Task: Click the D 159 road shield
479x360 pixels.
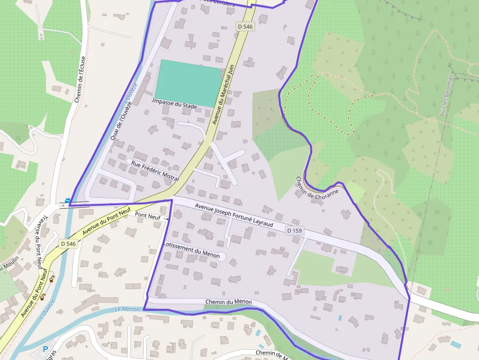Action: tap(294, 230)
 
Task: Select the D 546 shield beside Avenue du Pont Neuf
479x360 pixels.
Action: tap(68, 243)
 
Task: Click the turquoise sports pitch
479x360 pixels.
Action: tap(188, 83)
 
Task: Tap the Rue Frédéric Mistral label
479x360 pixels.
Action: tap(154, 170)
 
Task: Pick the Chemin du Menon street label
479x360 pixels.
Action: tap(228, 302)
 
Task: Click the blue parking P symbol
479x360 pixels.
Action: tap(45, 350)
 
